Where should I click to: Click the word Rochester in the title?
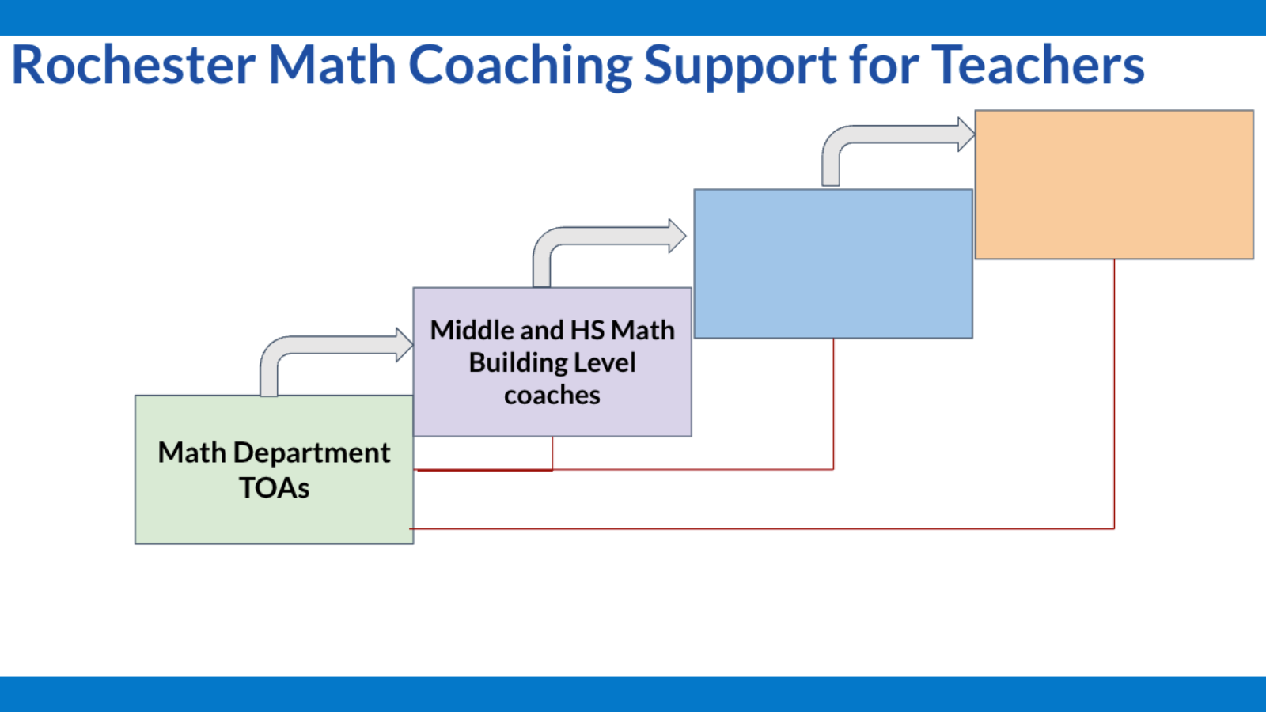coord(134,65)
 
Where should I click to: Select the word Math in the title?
coord(332,65)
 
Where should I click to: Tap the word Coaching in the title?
coord(520,65)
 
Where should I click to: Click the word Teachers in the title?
coord(1038,65)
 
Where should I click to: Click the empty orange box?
coord(1113,184)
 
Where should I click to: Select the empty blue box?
coord(832,263)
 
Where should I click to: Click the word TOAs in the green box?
coord(274,488)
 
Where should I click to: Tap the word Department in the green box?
coord(312,453)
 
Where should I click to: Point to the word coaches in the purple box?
coord(552,395)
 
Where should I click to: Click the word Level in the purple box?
coord(605,362)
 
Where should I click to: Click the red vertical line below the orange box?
coord(1114,396)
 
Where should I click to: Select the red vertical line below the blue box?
coord(833,403)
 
